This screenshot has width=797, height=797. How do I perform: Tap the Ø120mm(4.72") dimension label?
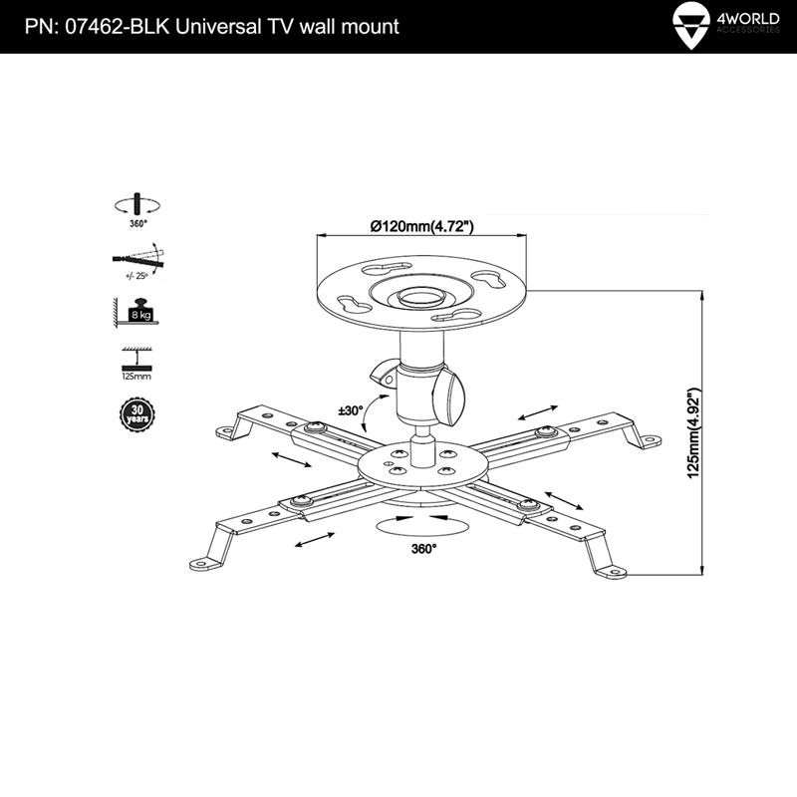tap(421, 226)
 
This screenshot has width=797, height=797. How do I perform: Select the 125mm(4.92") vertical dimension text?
tap(693, 433)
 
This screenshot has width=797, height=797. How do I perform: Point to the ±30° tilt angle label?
tap(352, 410)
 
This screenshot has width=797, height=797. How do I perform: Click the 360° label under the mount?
tap(424, 549)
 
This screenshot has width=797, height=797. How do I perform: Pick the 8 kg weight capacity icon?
tap(136, 312)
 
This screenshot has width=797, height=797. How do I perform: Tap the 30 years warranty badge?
tap(136, 414)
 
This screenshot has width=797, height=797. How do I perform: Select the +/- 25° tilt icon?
tap(137, 261)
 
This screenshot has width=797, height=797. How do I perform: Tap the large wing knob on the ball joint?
tap(449, 397)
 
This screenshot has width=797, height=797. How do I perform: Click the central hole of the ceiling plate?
tap(420, 296)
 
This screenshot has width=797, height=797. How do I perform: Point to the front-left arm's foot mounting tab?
tap(205, 563)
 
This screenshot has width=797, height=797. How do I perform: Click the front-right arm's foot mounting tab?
tap(611, 572)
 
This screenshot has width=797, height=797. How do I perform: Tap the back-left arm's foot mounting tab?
tap(227, 433)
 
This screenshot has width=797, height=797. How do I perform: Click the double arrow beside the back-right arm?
tap(538, 412)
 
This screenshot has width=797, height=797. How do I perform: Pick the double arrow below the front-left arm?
tap(315, 540)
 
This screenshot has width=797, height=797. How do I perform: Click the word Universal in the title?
tap(218, 27)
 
